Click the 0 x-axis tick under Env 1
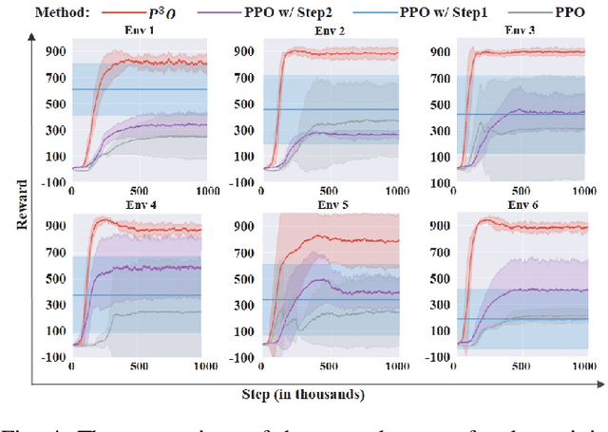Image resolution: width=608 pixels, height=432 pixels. (72, 191)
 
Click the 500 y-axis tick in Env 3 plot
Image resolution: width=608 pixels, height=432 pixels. (439, 104)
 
